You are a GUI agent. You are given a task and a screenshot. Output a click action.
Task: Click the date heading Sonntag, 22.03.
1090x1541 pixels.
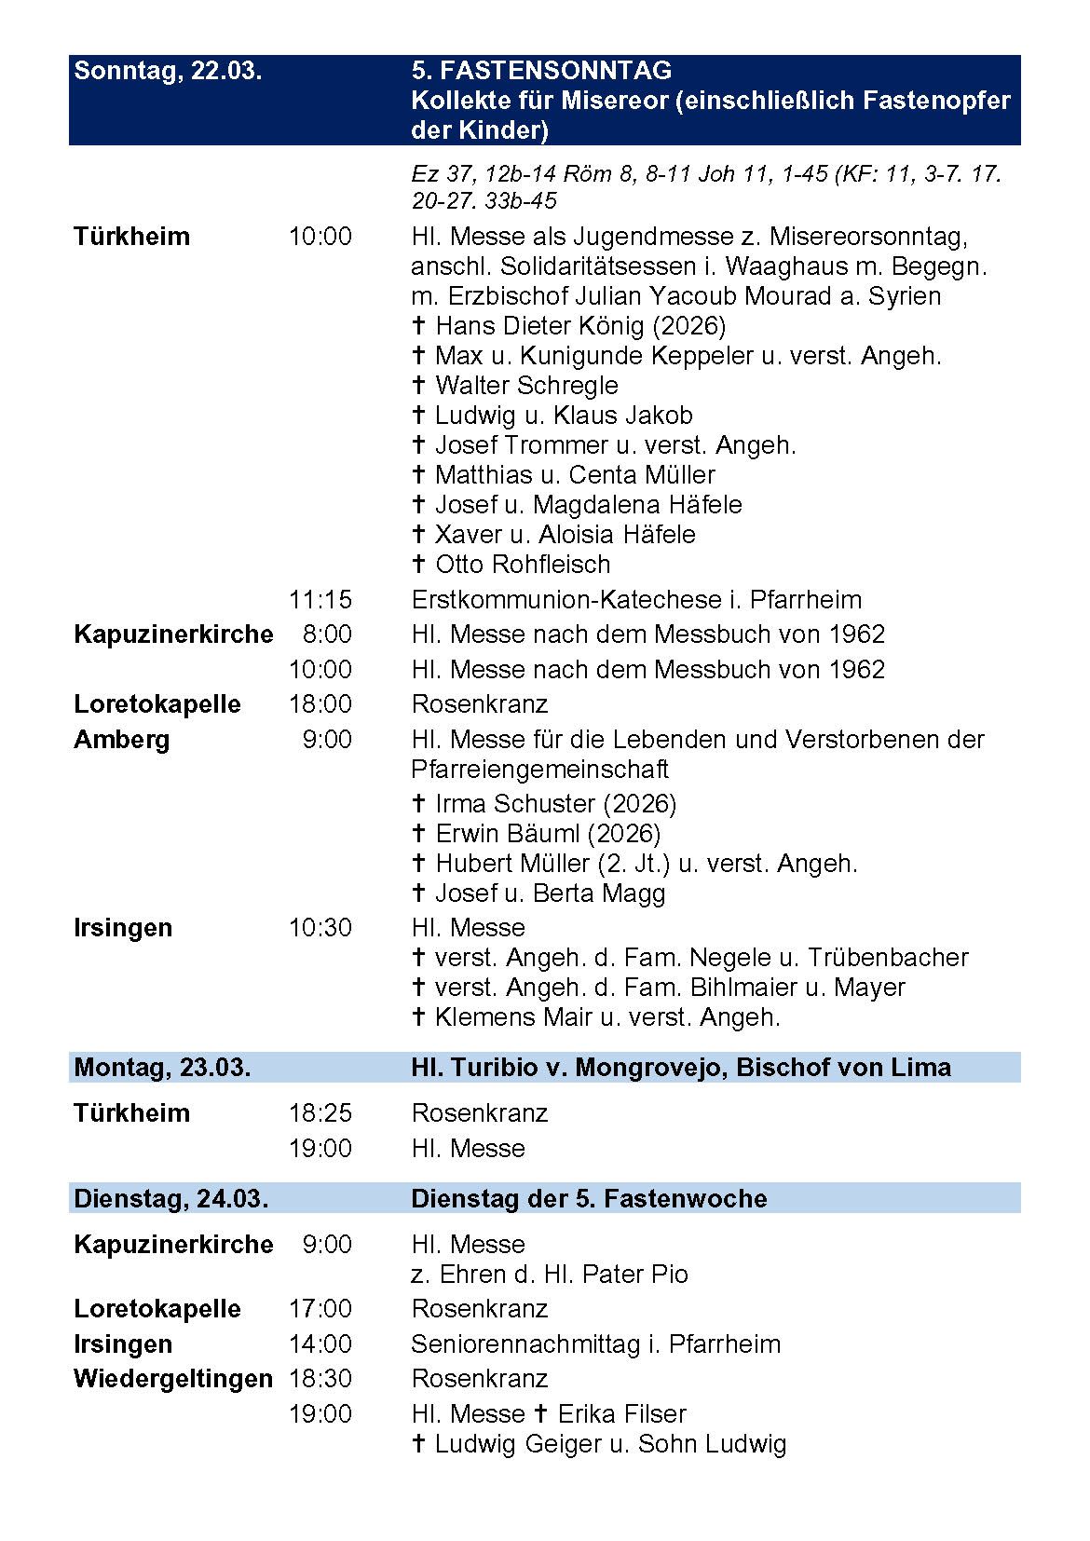click(168, 71)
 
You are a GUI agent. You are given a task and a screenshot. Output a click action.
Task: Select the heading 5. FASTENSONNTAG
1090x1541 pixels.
click(541, 71)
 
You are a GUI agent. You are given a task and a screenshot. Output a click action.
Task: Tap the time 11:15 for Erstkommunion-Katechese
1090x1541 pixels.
click(320, 599)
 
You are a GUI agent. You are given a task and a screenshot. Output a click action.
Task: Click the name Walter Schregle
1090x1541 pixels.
click(526, 385)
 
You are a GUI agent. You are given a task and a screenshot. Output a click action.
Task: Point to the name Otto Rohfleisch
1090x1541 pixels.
click(523, 564)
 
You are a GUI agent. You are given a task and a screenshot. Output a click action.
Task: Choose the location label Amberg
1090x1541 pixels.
click(122, 740)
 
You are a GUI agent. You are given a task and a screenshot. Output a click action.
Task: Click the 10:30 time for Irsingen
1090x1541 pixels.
click(320, 928)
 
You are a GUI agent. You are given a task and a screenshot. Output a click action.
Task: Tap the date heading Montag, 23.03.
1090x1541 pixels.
click(162, 1067)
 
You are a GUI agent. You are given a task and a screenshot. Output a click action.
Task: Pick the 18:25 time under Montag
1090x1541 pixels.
click(320, 1113)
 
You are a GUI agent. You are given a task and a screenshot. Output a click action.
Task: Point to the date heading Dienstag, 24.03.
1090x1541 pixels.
click(170, 1198)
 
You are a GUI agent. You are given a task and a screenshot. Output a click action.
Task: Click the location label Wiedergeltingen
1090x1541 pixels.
click(173, 1379)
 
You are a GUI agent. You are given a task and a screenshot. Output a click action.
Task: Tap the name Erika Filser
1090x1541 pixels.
click(621, 1413)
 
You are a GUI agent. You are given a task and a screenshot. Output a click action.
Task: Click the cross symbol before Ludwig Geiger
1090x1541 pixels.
click(419, 1444)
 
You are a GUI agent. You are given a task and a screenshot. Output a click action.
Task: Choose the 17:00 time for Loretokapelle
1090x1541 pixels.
click(320, 1309)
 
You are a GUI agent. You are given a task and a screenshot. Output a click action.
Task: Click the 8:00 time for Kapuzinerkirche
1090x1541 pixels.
click(327, 634)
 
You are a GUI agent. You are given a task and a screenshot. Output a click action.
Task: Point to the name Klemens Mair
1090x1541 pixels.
click(513, 1016)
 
